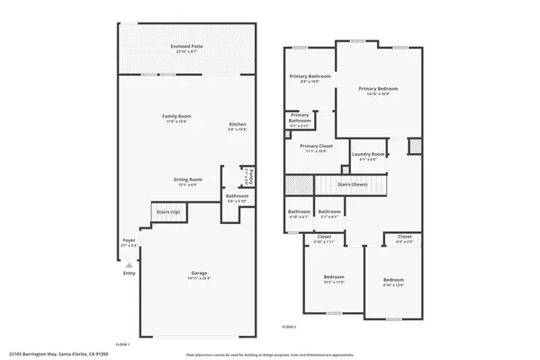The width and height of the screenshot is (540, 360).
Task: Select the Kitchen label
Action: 238,125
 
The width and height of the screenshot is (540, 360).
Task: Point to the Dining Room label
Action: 187,179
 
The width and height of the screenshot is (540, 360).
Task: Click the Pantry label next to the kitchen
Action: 251,175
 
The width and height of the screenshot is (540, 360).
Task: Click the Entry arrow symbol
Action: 130,265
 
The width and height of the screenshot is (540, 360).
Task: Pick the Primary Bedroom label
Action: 378,89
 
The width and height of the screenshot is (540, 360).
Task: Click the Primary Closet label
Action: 317,147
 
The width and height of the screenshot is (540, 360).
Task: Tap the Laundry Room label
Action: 368,155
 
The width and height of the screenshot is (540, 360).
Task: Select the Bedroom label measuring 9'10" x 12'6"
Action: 394,281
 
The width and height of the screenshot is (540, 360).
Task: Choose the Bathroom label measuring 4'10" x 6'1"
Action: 298,212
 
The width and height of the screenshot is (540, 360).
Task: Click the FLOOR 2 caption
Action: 289,326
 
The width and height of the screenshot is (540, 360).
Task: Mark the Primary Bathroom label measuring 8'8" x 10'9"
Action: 310,77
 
